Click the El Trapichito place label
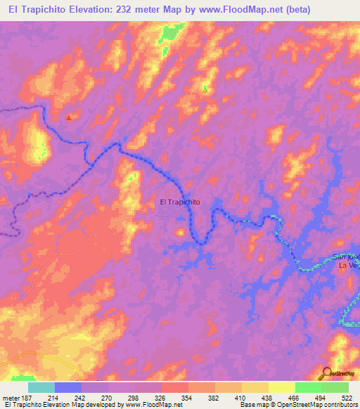[x=181, y=202]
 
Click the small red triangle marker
[x=68, y=118]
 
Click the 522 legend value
[x=347, y=398]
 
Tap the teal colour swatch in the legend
[x=41, y=387]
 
